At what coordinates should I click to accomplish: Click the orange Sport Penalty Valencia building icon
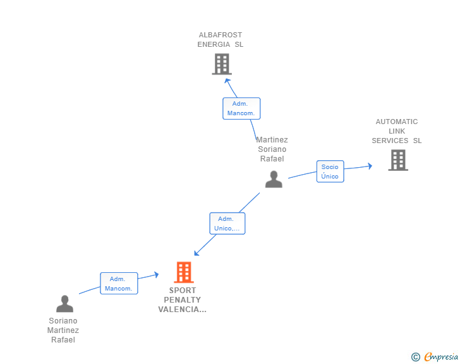coord(184,272)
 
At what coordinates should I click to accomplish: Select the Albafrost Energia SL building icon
coord(222,64)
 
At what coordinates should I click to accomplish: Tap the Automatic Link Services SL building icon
coord(398,160)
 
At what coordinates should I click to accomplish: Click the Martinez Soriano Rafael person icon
coord(274,179)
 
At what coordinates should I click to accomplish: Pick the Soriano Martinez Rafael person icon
coord(64,304)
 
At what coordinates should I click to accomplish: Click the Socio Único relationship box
coord(330,172)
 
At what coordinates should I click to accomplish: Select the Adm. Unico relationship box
coord(227,223)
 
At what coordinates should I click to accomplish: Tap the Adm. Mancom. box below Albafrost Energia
coord(241,108)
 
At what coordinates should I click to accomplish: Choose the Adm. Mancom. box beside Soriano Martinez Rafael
coord(119,284)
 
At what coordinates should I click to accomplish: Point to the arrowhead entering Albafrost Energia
coord(227,81)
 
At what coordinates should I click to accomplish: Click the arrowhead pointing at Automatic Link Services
coord(370,166)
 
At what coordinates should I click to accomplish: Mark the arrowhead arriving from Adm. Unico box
coord(197,253)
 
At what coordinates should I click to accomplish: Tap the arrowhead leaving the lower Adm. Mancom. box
coord(157,275)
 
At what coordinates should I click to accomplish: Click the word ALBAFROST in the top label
coord(221,35)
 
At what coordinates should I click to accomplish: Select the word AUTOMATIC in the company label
coord(397,122)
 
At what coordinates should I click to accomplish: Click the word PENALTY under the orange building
coord(182,300)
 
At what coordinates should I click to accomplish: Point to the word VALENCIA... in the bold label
coord(182,310)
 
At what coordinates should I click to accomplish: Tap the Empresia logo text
coord(441,357)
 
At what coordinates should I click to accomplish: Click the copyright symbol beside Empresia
coord(416,357)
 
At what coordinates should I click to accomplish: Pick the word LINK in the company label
coord(397,131)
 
